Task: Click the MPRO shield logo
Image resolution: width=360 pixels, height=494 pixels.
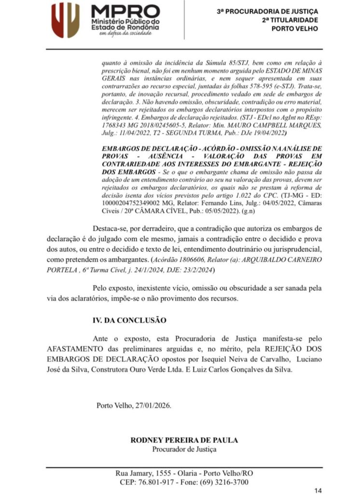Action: (x=66, y=20)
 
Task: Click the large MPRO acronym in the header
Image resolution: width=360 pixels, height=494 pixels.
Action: (x=126, y=11)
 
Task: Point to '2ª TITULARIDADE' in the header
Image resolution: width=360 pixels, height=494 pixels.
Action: (x=290, y=20)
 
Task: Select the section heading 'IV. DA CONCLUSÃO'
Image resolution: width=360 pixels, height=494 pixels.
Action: (x=129, y=320)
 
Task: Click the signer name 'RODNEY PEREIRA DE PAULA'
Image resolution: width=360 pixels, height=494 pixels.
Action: (x=184, y=440)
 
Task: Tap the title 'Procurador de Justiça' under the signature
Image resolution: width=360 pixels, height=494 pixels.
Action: (x=184, y=450)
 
